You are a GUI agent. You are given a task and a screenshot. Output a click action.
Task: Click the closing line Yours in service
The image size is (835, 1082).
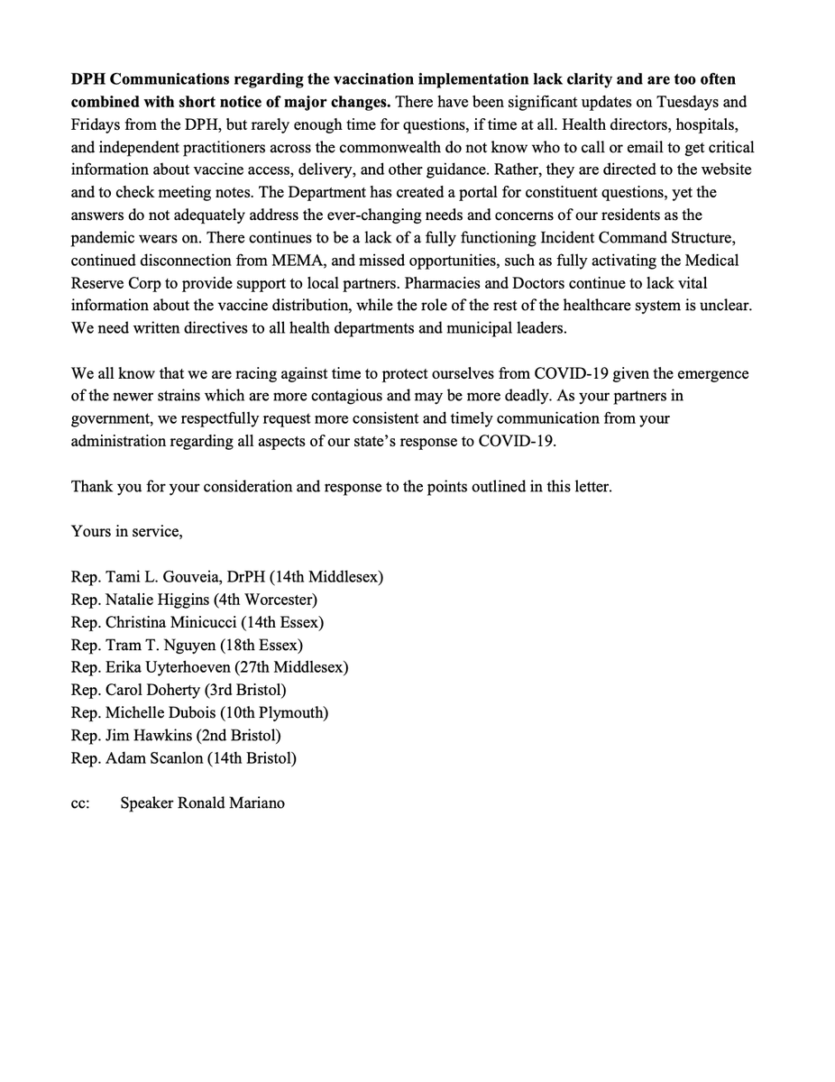tap(126, 531)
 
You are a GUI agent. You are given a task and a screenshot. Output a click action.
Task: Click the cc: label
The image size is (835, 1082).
tap(80, 803)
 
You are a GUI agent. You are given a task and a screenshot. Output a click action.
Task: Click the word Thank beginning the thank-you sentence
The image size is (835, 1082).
tap(93, 486)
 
